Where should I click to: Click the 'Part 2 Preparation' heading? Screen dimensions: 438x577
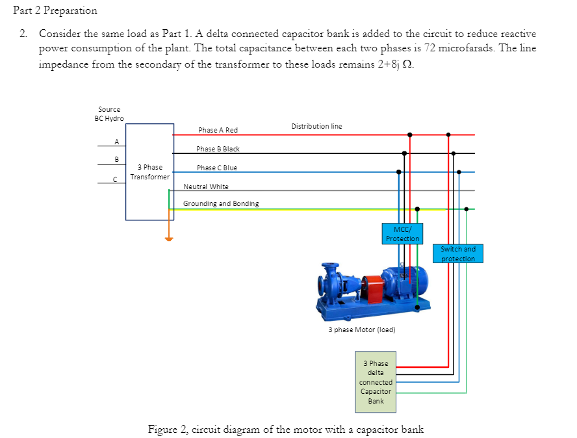click(55, 10)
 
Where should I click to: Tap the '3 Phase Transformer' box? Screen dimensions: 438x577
click(150, 172)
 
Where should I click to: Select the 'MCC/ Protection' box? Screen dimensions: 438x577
click(402, 233)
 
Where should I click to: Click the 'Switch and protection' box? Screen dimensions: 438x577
click(458, 254)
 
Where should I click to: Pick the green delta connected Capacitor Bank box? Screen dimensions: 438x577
click(376, 382)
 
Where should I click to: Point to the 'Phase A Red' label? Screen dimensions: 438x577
click(218, 130)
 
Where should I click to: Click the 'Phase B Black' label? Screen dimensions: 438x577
click(218, 149)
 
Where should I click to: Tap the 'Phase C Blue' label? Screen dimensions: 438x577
click(216, 168)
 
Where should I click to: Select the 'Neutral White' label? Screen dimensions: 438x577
click(206, 187)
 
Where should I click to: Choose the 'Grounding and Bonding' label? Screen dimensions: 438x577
click(220, 203)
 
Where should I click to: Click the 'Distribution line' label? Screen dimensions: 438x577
click(316, 125)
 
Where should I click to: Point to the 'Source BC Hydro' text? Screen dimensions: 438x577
click(109, 114)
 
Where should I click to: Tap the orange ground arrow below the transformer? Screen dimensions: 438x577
click(169, 238)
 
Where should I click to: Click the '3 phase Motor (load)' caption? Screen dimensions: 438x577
click(361, 329)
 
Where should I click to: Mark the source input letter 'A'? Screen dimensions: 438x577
click(116, 141)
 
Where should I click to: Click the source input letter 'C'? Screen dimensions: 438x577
click(116, 180)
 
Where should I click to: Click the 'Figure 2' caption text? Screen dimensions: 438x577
click(286, 429)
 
